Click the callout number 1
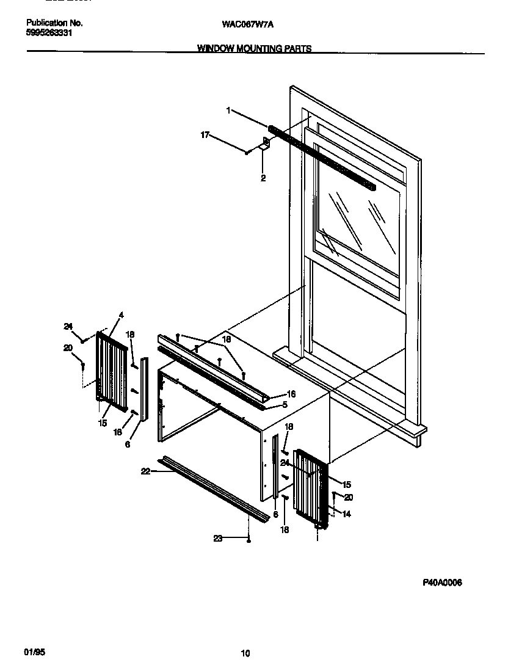(228, 111)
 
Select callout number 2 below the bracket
(263, 179)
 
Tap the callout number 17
(205, 134)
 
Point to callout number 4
(121, 315)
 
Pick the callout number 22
(145, 470)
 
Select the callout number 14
(346, 514)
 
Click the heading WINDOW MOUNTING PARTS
(254, 49)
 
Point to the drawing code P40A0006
(442, 583)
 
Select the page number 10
(245, 653)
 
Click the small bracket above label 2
(265, 144)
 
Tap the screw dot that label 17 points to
(247, 153)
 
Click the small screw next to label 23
(249, 540)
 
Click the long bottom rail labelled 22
(214, 489)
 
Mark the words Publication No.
(54, 23)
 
